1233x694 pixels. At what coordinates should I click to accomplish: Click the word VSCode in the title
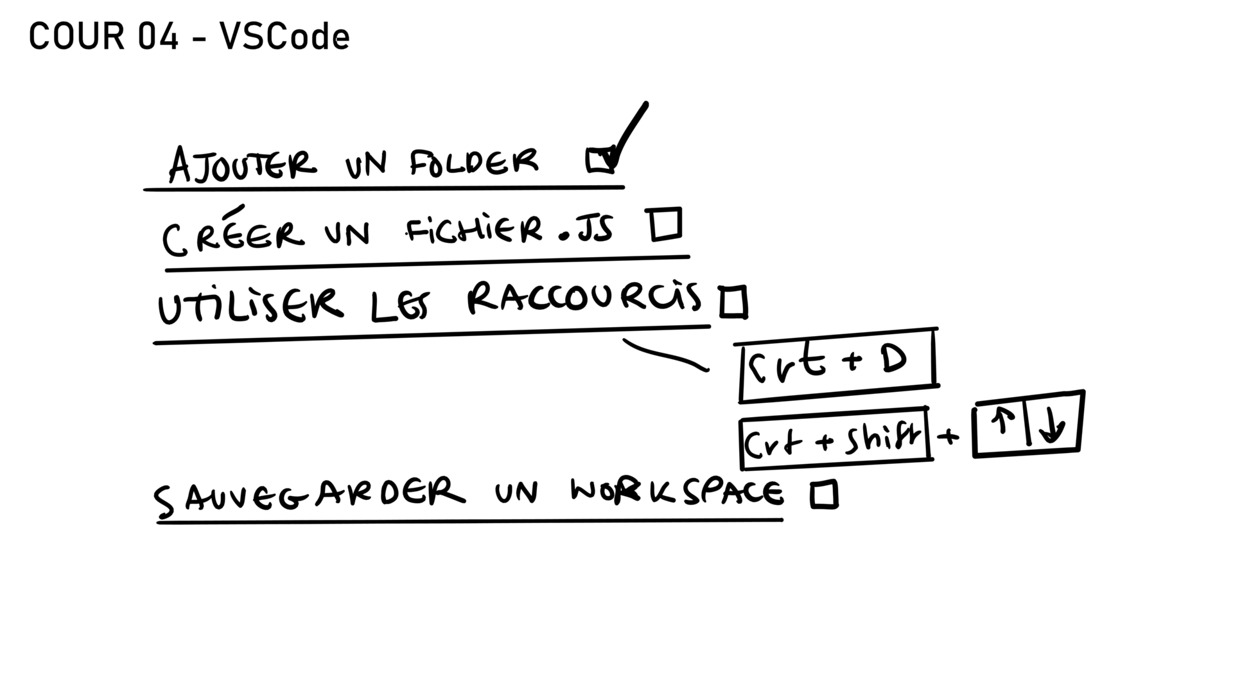click(284, 37)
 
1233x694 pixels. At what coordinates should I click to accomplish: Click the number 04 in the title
click(157, 37)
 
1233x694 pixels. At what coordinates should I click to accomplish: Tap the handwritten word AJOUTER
click(242, 164)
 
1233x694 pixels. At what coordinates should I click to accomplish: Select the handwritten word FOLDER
click(474, 162)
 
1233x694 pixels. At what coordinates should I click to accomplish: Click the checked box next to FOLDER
click(601, 161)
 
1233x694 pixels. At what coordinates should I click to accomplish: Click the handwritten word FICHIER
click(474, 230)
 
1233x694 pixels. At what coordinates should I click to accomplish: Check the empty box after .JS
click(665, 225)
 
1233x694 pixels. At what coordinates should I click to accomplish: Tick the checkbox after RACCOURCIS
click(733, 302)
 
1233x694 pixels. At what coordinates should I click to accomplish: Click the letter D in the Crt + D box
click(893, 360)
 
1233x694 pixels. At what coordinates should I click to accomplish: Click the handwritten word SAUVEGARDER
click(309, 496)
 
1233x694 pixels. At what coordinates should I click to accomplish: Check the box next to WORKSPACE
click(824, 495)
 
